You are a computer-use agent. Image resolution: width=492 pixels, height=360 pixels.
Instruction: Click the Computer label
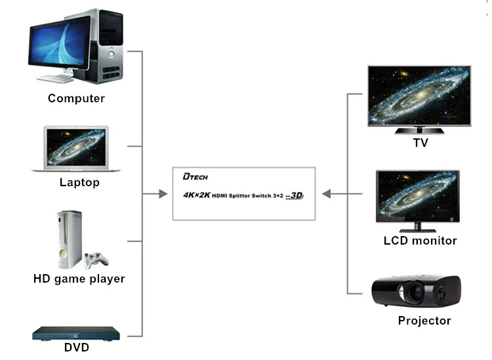[x=76, y=98]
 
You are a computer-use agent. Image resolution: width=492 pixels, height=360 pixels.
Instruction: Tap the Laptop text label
[x=79, y=182]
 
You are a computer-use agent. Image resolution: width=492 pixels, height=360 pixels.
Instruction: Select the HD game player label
[x=79, y=279]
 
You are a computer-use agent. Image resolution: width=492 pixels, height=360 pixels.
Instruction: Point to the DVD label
[x=77, y=347]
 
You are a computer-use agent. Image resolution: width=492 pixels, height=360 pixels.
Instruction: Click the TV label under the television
[x=420, y=143]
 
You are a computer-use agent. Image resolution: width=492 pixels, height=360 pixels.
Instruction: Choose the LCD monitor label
[x=420, y=241]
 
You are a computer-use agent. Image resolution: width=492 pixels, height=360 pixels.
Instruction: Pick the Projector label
[x=424, y=321]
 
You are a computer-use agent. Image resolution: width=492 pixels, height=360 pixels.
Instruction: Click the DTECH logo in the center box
[x=195, y=176]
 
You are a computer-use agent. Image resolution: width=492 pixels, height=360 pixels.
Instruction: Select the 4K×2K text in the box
[x=196, y=195]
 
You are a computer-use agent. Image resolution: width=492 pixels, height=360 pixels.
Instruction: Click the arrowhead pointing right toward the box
[x=163, y=194]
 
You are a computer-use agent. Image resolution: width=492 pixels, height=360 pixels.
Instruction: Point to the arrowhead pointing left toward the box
[x=327, y=194]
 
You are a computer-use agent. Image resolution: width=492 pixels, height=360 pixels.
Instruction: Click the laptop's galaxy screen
[x=76, y=147]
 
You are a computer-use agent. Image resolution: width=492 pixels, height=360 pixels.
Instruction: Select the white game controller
[x=95, y=260]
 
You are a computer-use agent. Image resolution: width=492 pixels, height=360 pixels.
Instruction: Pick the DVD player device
[x=76, y=334]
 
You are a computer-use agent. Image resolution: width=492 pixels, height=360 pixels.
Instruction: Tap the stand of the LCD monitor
[x=417, y=228]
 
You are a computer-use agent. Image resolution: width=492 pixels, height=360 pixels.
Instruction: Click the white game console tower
[x=70, y=239]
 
